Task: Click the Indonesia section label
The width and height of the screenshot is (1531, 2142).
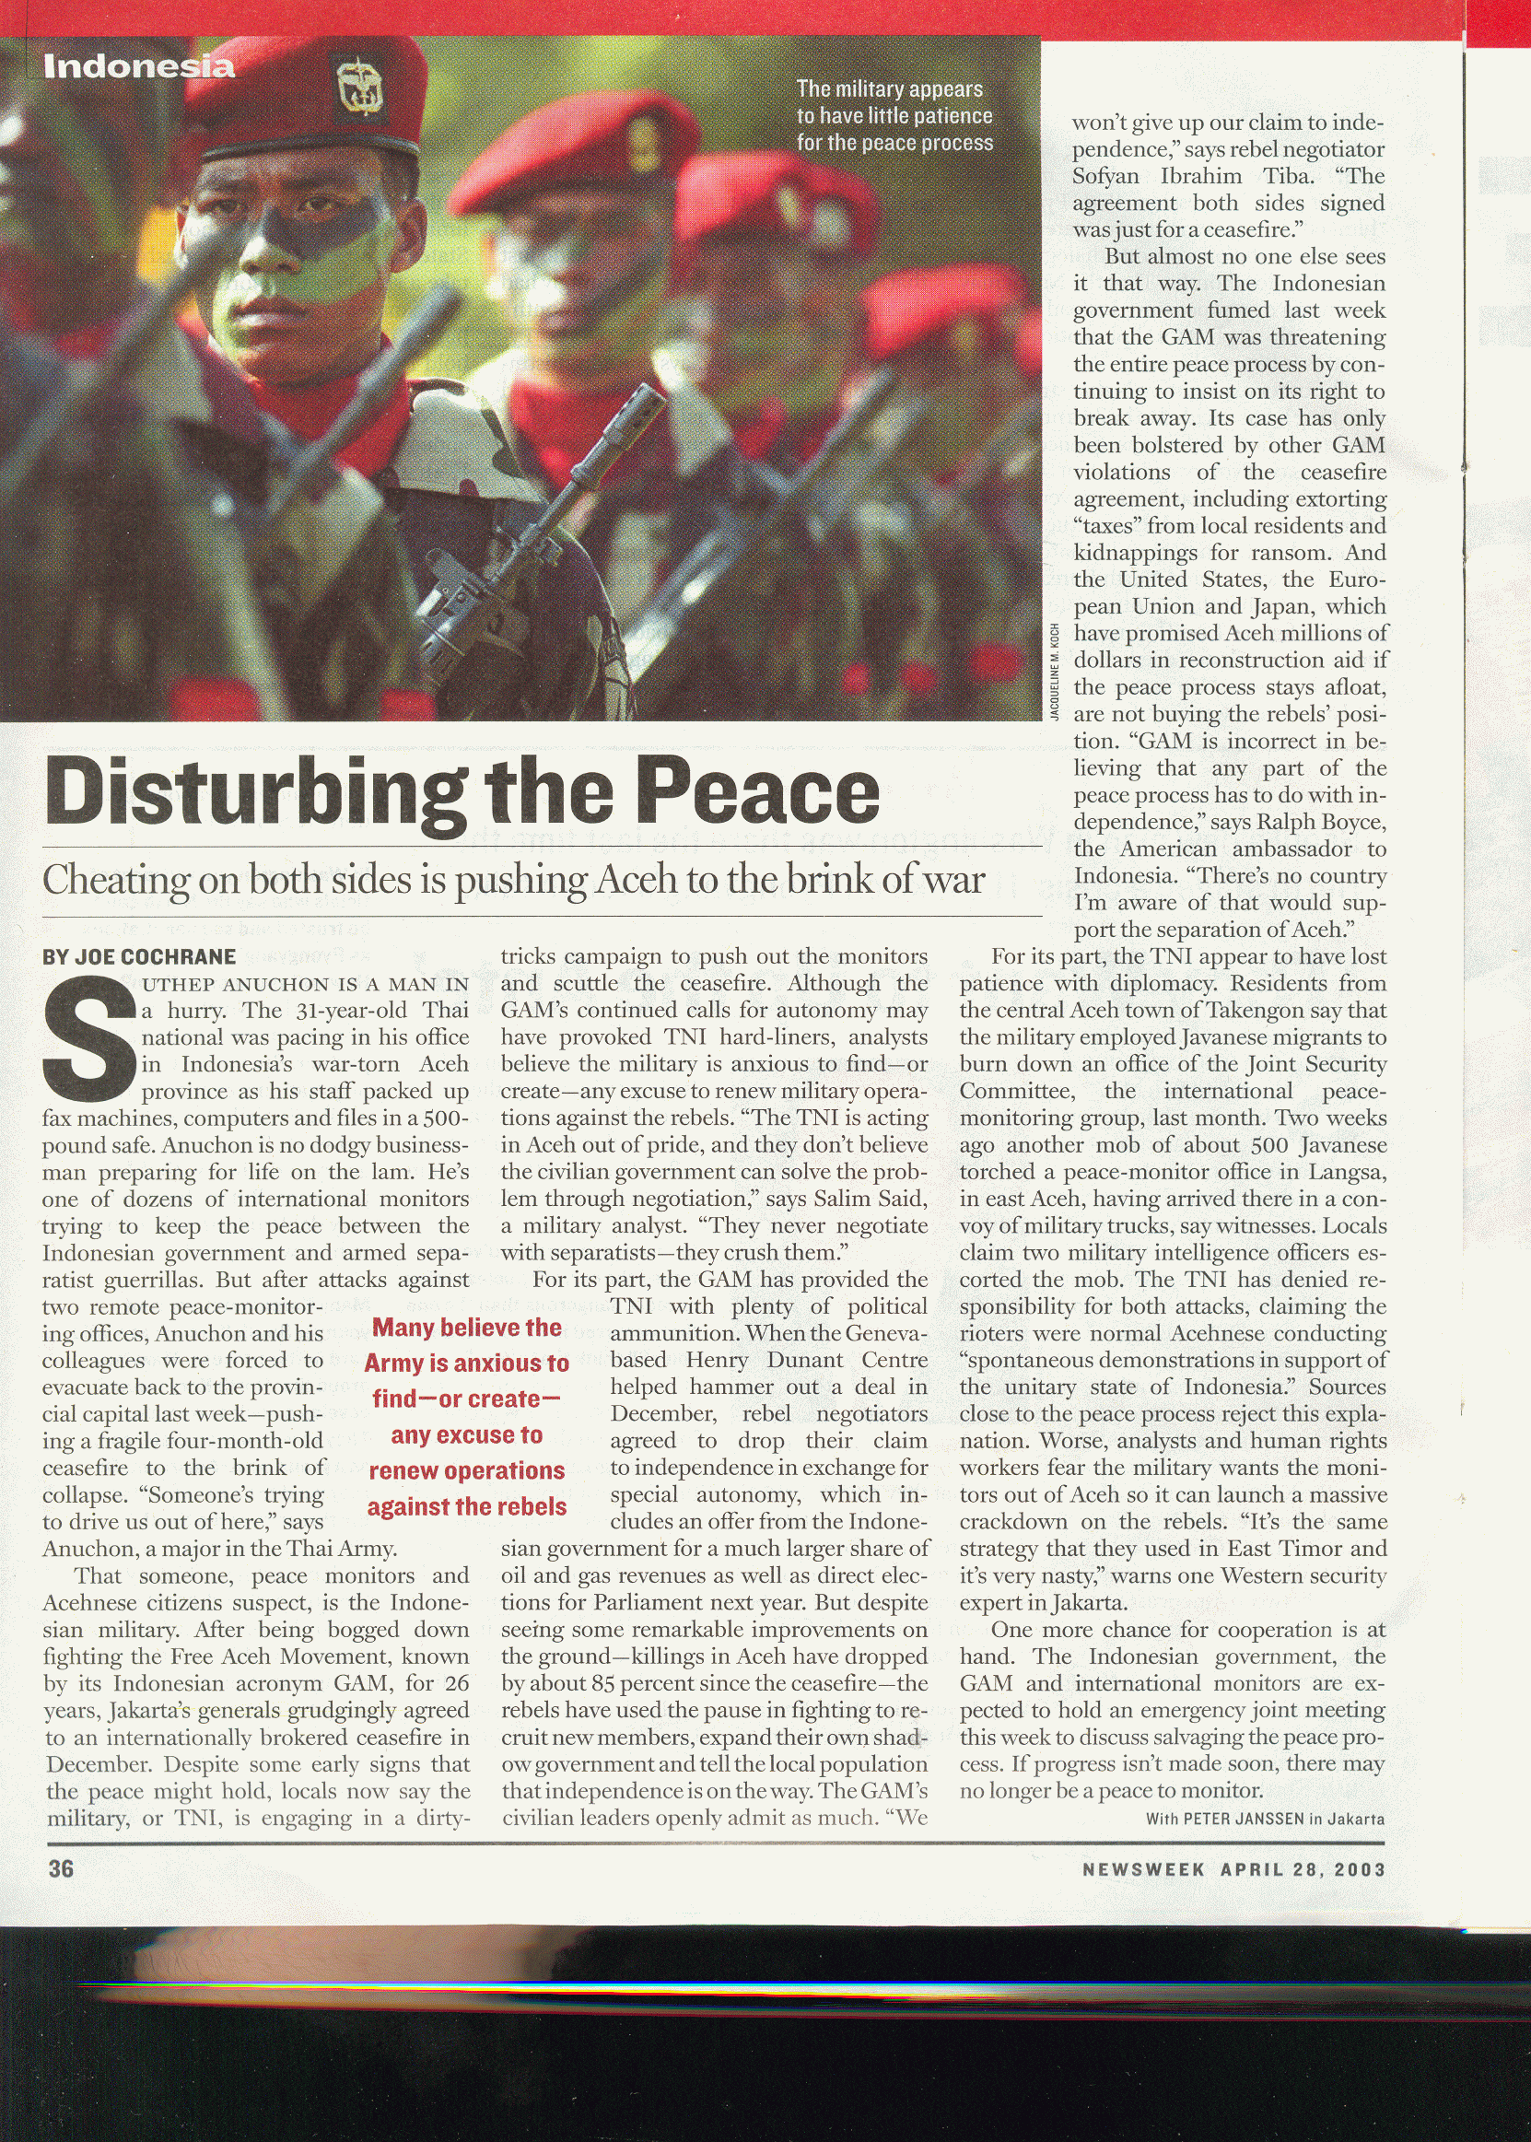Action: [138, 67]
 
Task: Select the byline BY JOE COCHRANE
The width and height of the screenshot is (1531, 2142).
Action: [138, 957]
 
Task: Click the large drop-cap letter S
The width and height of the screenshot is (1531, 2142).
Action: [88, 1042]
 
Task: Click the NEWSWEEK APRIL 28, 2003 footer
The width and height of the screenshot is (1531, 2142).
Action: [1233, 1869]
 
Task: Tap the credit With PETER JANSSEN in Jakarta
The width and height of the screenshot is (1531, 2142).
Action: [1264, 1819]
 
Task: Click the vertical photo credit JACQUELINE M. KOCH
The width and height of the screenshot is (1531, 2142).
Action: [1055, 672]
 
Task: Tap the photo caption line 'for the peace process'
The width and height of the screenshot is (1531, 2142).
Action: [894, 144]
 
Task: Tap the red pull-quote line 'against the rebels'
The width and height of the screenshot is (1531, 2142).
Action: [467, 1506]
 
